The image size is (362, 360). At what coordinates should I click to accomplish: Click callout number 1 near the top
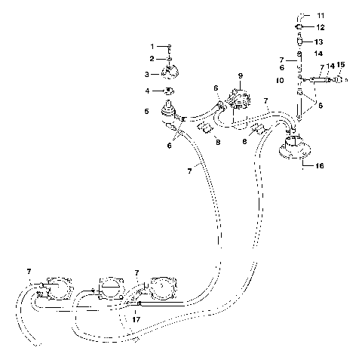pyautogui.click(x=151, y=47)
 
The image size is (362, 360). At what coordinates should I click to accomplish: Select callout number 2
pyautogui.click(x=151, y=59)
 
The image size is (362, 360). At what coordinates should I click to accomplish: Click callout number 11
pyautogui.click(x=321, y=15)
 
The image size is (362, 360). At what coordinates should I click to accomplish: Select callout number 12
pyautogui.click(x=321, y=27)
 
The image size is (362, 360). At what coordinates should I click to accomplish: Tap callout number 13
pyautogui.click(x=320, y=42)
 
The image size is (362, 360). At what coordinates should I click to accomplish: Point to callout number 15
pyautogui.click(x=340, y=66)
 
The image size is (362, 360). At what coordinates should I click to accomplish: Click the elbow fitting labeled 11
pyautogui.click(x=302, y=14)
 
